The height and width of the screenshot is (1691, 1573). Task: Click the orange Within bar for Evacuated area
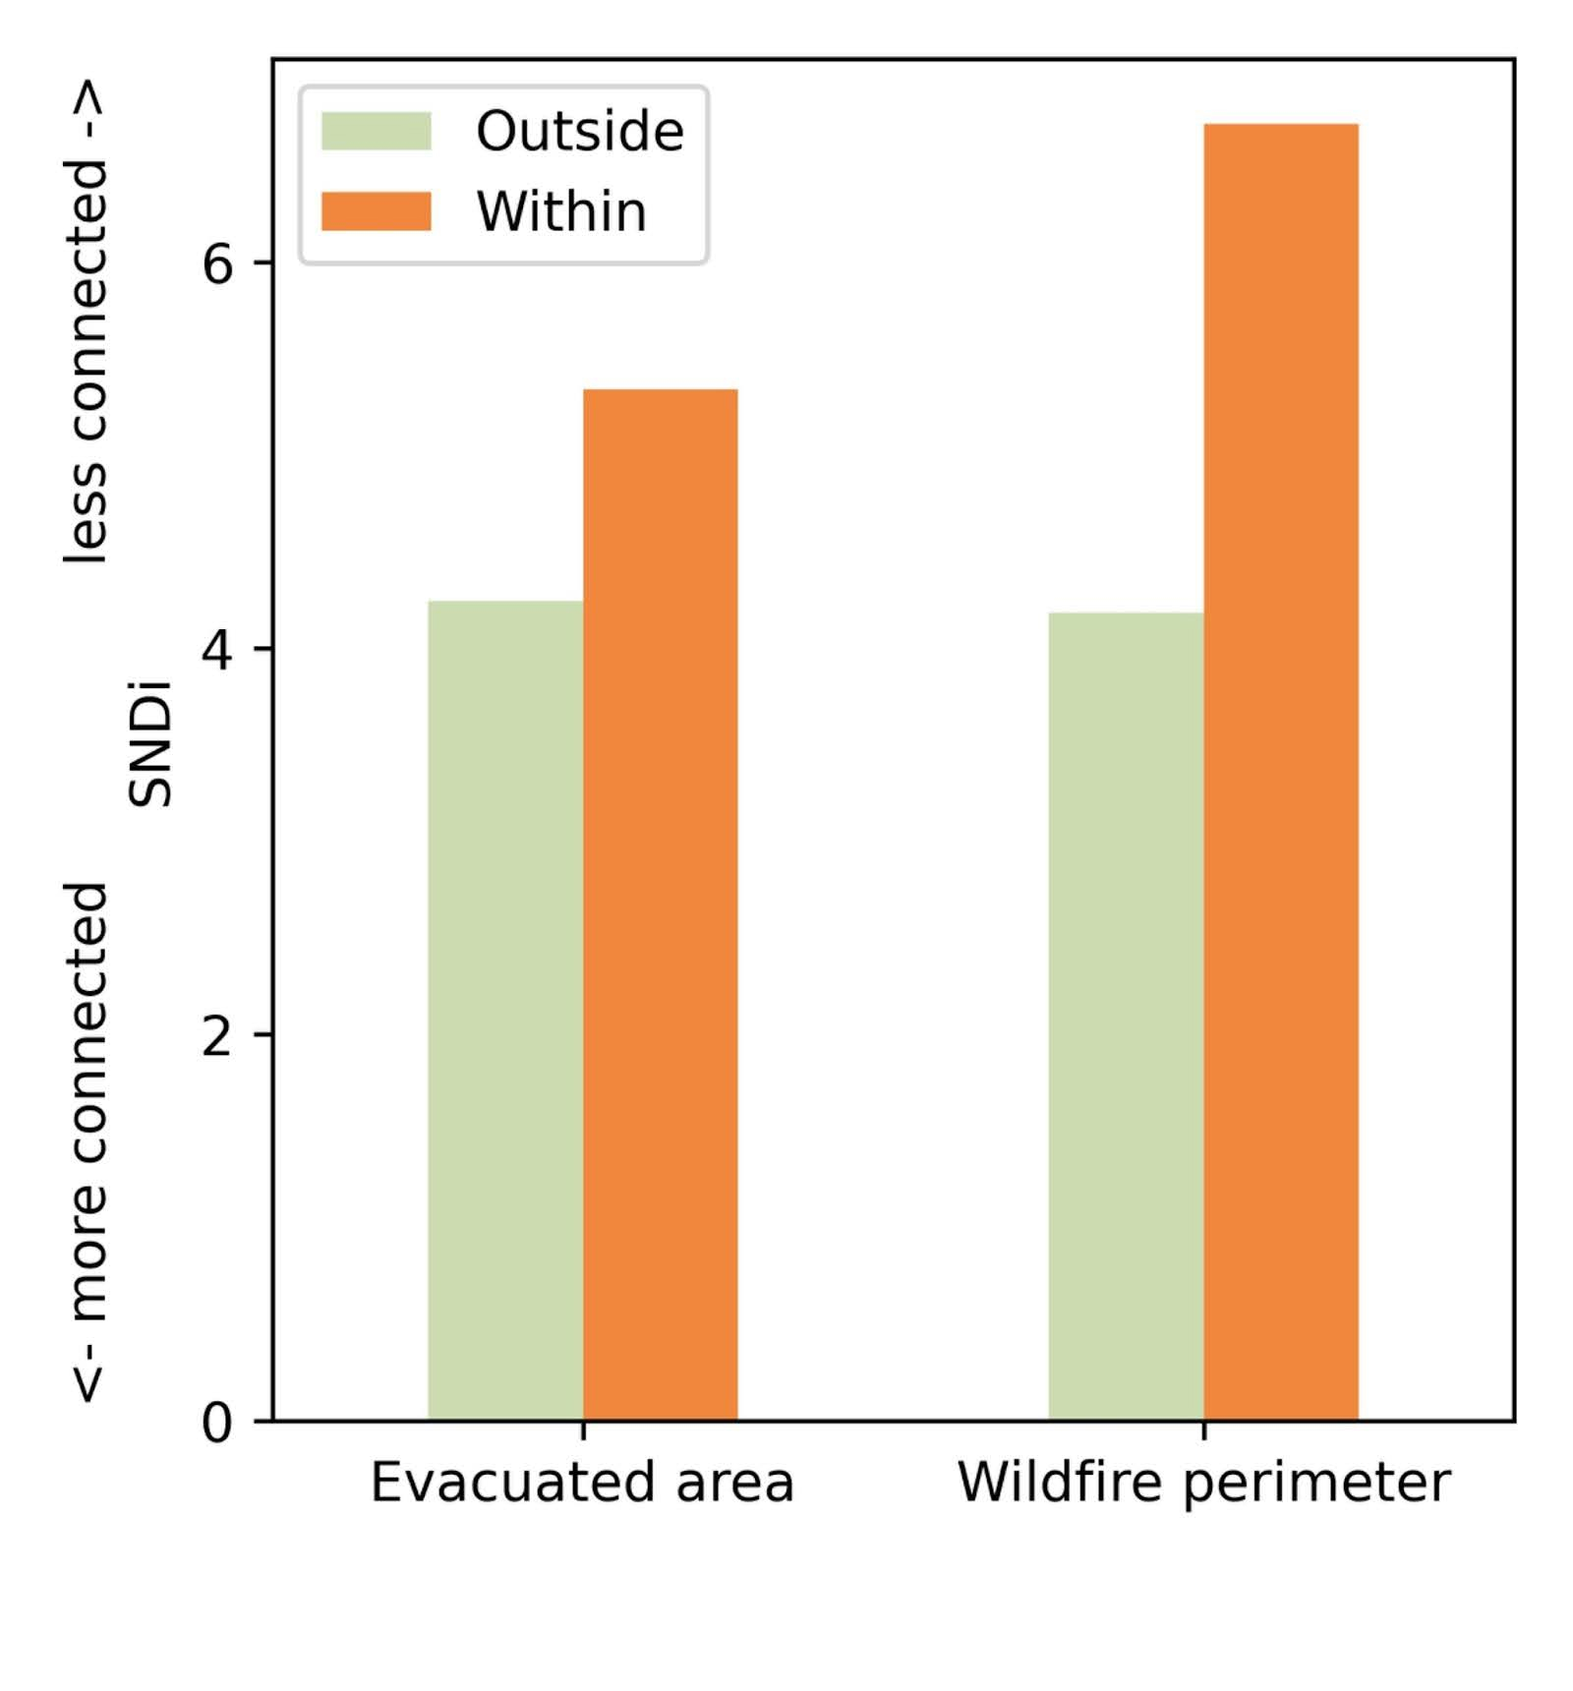[660, 904]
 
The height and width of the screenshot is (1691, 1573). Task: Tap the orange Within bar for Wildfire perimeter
[1280, 772]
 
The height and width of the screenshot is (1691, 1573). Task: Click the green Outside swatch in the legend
[376, 132]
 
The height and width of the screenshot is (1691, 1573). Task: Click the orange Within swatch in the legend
[376, 211]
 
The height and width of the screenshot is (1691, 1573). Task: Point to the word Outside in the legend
[579, 132]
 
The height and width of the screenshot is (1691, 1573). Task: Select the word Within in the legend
[561, 211]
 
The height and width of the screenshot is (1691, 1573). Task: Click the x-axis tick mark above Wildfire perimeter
[1203, 1429]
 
